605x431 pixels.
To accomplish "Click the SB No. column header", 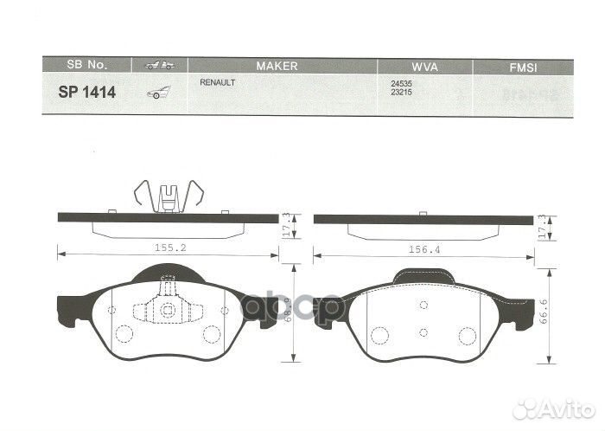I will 86,66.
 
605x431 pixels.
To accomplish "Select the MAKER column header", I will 277,66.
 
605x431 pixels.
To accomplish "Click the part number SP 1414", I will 87,91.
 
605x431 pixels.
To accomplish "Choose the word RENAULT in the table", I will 218,82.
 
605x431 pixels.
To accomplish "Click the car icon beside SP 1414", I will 158,92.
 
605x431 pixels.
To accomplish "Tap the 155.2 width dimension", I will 167,248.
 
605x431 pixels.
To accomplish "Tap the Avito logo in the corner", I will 552,409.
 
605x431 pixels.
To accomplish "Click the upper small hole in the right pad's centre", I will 423,305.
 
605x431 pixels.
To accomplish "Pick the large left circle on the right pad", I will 379,336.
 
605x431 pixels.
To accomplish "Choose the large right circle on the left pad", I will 211,334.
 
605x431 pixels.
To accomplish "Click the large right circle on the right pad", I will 468,336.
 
